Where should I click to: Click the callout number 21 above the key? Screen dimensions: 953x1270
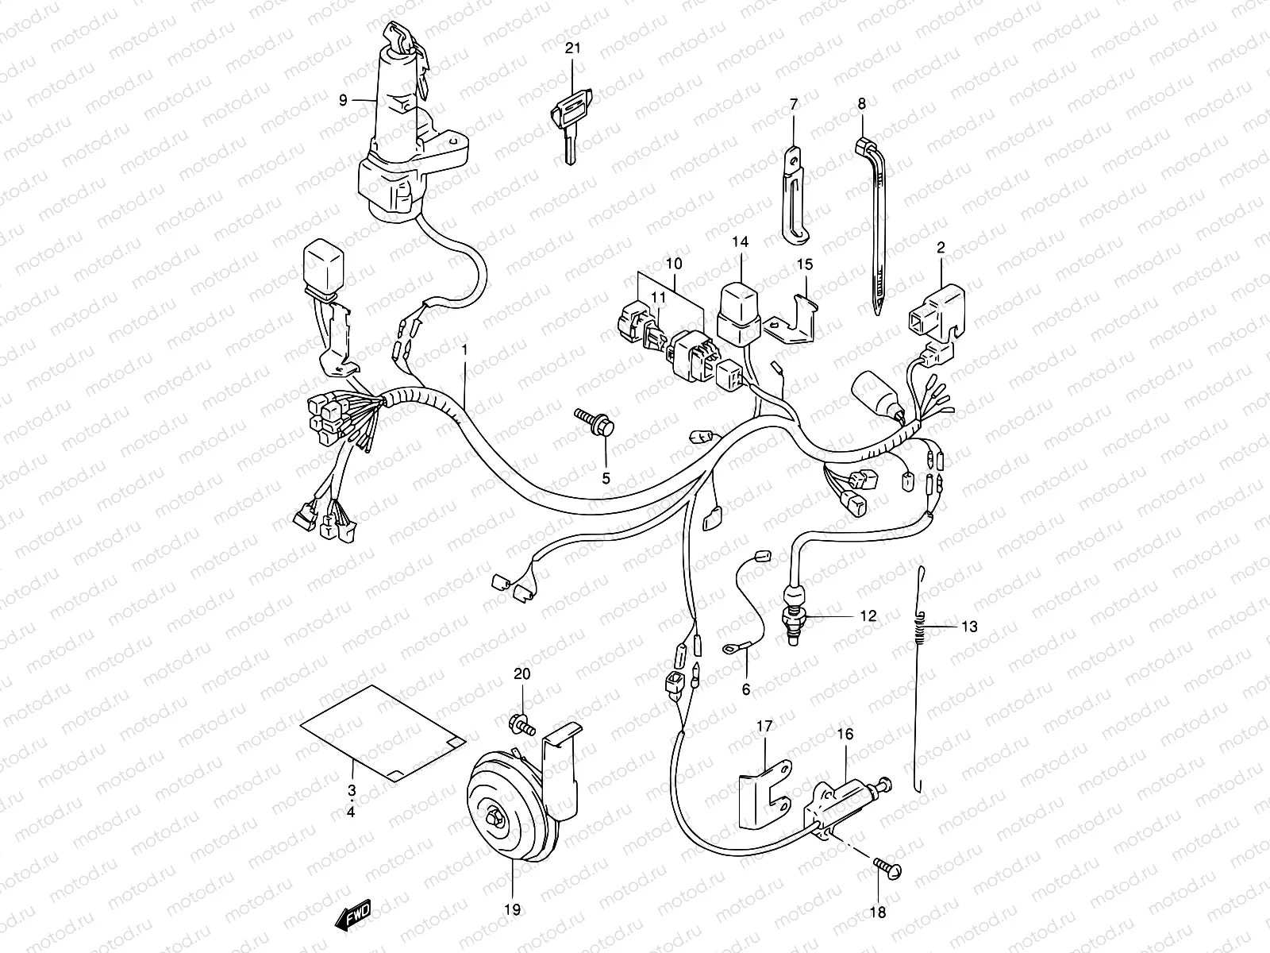(x=572, y=48)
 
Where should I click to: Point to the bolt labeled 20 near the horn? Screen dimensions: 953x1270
(x=521, y=723)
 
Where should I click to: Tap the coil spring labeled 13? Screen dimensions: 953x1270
(x=922, y=627)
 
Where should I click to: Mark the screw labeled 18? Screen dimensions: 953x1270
(x=887, y=869)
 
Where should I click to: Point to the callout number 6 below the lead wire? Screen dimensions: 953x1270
(x=745, y=689)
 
